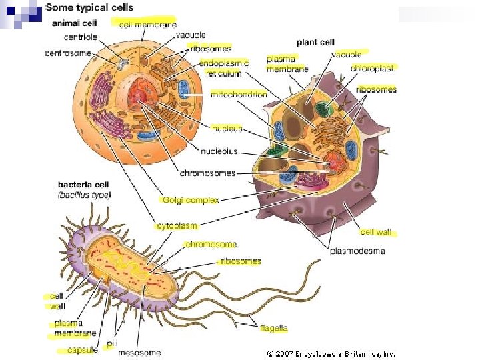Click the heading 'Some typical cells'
(x=89, y=8)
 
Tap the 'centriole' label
(x=81, y=37)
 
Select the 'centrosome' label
(x=67, y=53)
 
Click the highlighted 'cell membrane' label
(x=148, y=24)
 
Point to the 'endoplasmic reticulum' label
(x=224, y=68)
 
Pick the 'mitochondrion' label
(x=239, y=95)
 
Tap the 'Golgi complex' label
(x=191, y=200)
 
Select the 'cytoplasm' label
(x=178, y=226)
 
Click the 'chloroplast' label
(x=372, y=68)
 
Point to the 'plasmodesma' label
(x=357, y=251)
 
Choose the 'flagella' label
(x=274, y=328)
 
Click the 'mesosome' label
(x=140, y=353)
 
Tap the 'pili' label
(x=113, y=343)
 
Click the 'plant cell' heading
(x=315, y=43)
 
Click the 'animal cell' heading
(x=75, y=23)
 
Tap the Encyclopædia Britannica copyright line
(x=331, y=353)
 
